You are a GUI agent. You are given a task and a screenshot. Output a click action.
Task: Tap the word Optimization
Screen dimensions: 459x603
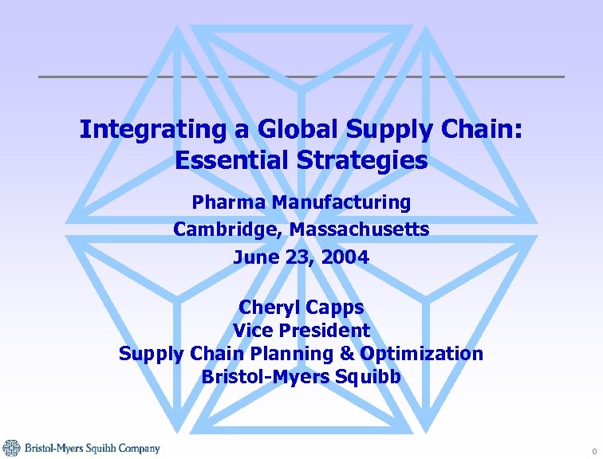(422, 353)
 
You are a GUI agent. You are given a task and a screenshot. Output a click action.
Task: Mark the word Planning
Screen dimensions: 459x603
(309, 353)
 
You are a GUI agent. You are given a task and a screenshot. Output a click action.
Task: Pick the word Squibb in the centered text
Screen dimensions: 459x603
(367, 376)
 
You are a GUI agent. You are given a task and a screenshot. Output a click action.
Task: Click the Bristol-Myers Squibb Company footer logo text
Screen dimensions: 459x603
(92, 449)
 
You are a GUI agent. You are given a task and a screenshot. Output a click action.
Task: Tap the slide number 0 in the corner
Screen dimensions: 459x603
(593, 451)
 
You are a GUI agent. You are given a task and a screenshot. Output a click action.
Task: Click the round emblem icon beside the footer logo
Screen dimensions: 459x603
(11, 448)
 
